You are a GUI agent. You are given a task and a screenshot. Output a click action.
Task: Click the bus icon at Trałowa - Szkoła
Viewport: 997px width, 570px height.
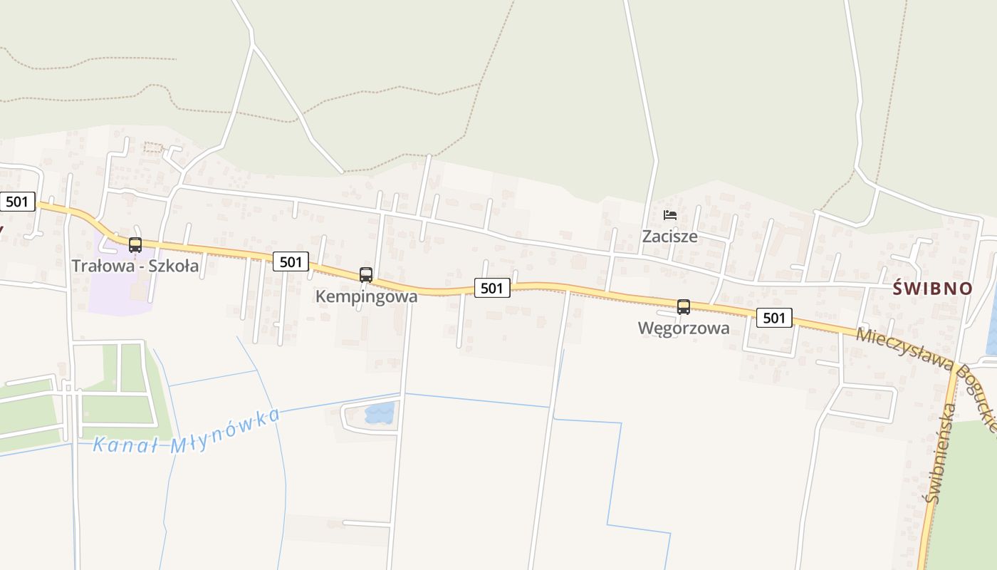[x=135, y=245]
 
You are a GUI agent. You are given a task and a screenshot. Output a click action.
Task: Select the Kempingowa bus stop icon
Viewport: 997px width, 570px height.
[x=366, y=275]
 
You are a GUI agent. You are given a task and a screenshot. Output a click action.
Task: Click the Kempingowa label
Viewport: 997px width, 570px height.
[x=366, y=296]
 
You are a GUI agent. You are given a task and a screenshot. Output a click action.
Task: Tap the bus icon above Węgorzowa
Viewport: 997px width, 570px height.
[x=684, y=307]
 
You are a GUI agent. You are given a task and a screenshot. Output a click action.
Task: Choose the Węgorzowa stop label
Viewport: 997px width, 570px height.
[x=684, y=328]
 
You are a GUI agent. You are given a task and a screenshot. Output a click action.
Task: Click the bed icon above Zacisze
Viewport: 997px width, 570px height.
[x=670, y=214]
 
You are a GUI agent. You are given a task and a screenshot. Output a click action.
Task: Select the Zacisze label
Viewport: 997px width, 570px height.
[x=670, y=236]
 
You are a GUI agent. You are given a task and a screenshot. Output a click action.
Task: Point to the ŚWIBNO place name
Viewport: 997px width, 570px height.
[x=933, y=289]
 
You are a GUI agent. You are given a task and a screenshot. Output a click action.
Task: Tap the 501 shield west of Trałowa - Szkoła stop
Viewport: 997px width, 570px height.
[x=16, y=202]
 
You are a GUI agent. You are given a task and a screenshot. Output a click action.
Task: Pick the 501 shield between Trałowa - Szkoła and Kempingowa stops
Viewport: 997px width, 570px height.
[x=291, y=261]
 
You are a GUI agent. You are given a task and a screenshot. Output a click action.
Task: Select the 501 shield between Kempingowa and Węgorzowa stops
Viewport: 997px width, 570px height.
[x=491, y=288]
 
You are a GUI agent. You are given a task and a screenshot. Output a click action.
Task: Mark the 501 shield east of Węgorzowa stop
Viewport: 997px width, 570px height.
[x=773, y=318]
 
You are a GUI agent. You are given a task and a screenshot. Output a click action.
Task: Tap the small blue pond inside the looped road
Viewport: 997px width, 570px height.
[x=380, y=413]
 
